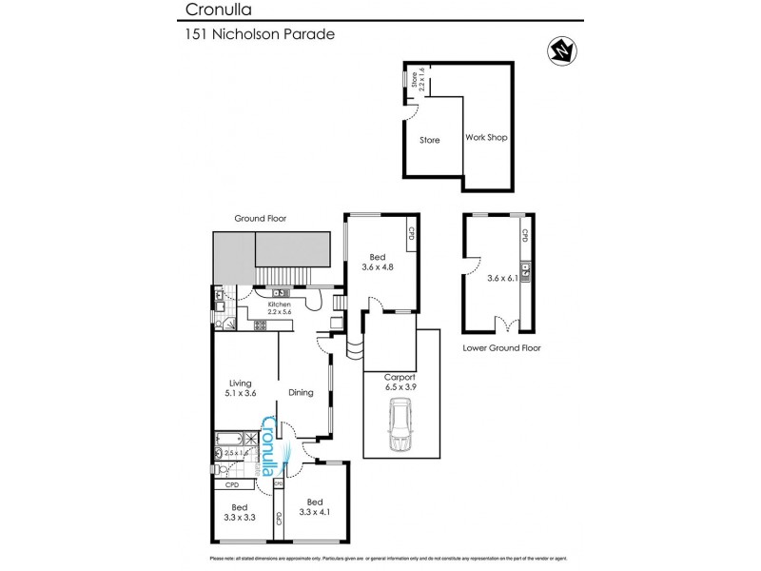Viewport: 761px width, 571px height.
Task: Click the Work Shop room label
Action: (x=485, y=138)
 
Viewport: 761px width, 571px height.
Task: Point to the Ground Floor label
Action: (x=261, y=218)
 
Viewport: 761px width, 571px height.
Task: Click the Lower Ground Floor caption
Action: (x=501, y=348)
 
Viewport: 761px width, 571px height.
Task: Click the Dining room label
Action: (x=302, y=391)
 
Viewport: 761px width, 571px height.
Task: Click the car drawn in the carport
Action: (x=400, y=425)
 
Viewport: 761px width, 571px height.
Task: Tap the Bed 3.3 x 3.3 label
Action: (x=239, y=512)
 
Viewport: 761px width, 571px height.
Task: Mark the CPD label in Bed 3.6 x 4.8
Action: (x=411, y=233)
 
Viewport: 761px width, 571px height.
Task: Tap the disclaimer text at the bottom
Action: (x=380, y=558)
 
